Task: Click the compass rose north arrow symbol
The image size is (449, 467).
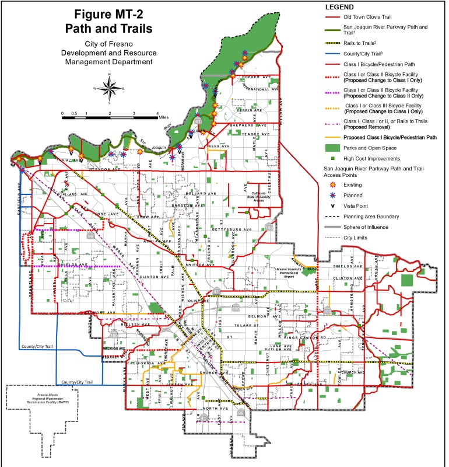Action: point(110,87)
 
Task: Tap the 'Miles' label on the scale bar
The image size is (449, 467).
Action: point(166,117)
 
